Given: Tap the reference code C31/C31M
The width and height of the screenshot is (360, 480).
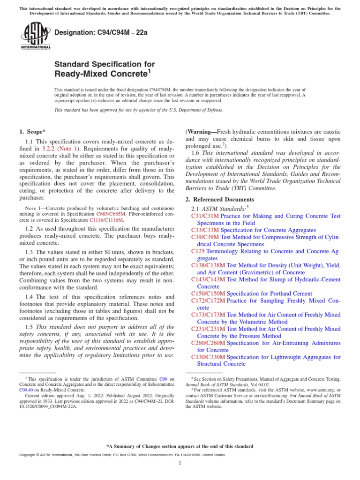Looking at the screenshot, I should (205, 216).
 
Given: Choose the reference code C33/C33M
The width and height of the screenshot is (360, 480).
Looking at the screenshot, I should (205, 230).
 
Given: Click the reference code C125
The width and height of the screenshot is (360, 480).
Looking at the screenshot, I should (198, 251).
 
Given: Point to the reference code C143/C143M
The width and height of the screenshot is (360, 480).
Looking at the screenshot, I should (208, 279).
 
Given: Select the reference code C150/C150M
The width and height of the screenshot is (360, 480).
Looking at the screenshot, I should (208, 293).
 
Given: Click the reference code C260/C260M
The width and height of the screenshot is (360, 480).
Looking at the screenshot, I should (208, 343).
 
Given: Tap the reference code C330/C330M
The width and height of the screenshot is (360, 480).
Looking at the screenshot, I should (208, 357).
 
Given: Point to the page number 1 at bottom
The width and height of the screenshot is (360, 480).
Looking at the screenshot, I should (180, 463).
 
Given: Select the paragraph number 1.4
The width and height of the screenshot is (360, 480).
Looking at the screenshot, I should (29, 297).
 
